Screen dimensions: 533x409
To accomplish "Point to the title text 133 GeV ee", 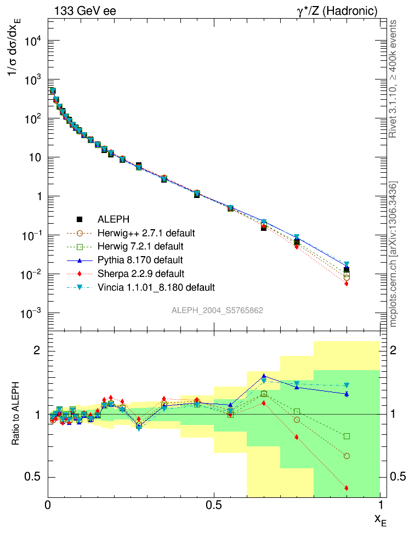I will coord(85,10).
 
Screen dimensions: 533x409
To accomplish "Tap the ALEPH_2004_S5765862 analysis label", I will coord(218,310).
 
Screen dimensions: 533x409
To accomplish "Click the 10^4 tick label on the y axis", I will coord(32,41).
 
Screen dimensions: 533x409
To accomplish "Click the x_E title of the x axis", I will coord(380,520).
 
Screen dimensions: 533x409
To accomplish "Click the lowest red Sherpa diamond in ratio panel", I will coord(346,488).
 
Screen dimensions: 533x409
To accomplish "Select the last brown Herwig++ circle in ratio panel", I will coord(346,456).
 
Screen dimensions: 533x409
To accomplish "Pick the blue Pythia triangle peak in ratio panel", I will coord(264,376).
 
